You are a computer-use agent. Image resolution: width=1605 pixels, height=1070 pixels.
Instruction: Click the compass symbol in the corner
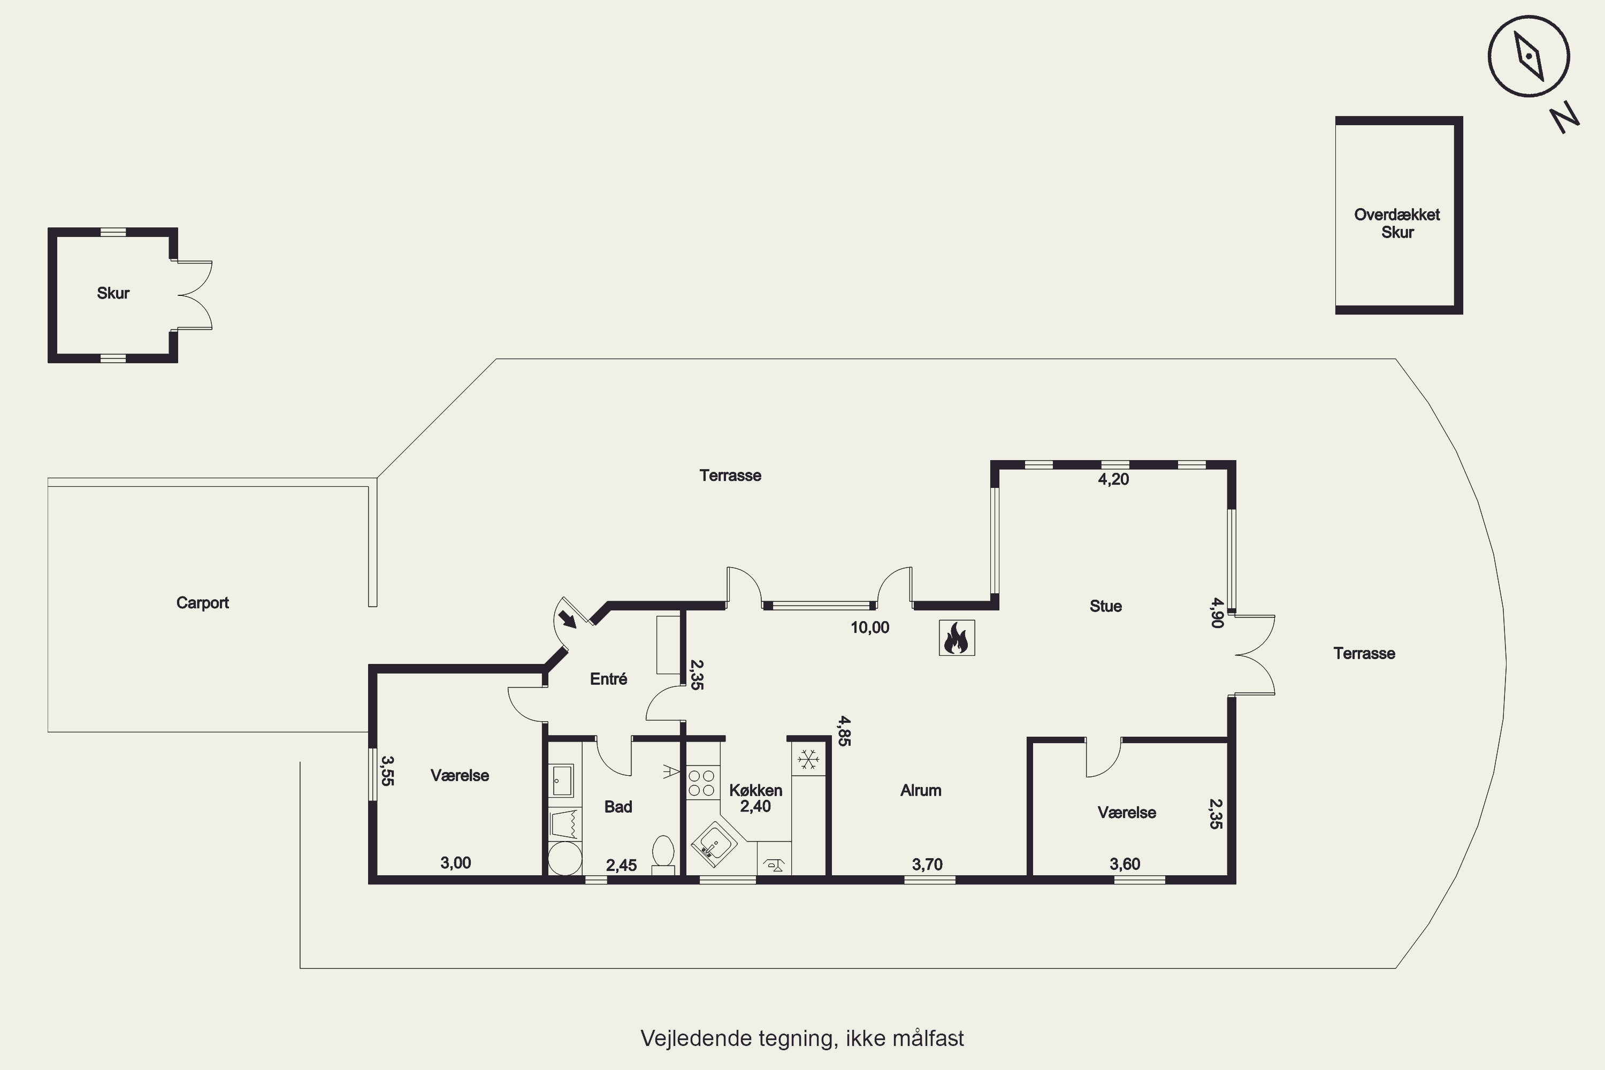1528,56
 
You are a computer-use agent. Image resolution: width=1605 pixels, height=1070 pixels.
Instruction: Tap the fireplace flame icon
956,637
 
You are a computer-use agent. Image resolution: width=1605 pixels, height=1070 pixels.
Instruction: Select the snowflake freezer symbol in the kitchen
808,759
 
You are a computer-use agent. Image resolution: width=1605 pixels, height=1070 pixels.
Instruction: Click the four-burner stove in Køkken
701,783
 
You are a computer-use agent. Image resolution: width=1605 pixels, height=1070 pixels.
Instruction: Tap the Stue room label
1105,606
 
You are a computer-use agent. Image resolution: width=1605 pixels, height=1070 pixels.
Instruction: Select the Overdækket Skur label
1397,223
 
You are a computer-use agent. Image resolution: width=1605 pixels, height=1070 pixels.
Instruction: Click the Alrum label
921,790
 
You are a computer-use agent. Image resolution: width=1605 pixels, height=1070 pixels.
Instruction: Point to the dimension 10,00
870,628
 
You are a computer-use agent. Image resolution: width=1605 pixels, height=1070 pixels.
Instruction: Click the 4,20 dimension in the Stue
1114,479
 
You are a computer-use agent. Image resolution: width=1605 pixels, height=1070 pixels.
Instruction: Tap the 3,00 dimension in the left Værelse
456,862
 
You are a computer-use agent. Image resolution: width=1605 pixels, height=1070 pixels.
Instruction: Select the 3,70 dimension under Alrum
927,865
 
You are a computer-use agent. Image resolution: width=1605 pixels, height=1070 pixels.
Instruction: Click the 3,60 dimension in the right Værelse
1125,864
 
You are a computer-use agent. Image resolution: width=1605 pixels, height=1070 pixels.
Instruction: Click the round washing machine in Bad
565,859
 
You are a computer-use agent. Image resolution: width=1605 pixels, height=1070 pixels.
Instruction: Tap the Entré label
609,679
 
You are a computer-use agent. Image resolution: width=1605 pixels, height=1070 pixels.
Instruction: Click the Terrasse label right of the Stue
1364,653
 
